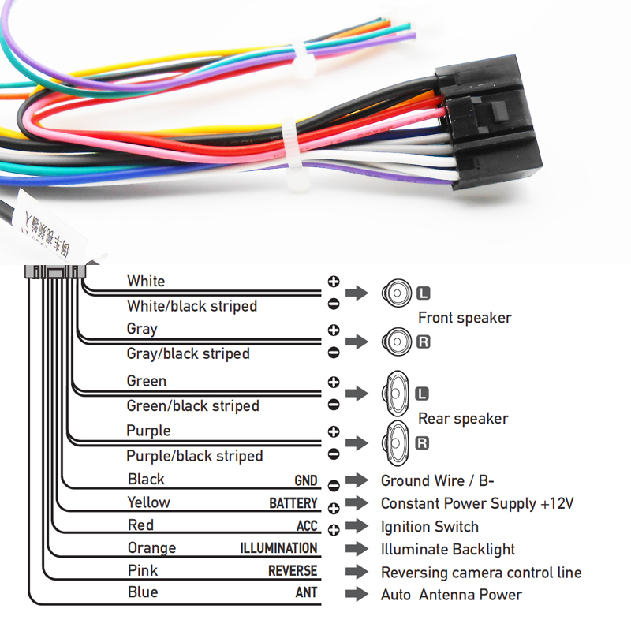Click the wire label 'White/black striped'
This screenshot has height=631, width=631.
click(x=192, y=306)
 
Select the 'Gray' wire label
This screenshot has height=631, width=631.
click(x=142, y=329)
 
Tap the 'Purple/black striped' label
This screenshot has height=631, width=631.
click(x=194, y=456)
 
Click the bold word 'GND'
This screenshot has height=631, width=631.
click(x=305, y=480)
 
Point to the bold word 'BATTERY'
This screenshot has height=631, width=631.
click(x=293, y=503)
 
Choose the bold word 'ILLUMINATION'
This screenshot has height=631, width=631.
click(x=278, y=548)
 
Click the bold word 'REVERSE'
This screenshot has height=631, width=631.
click(x=292, y=571)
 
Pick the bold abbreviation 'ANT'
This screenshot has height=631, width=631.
click(x=306, y=593)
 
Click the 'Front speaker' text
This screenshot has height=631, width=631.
click(x=465, y=318)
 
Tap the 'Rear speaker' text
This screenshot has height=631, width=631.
click(x=463, y=419)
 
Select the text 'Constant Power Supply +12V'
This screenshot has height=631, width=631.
click(x=477, y=503)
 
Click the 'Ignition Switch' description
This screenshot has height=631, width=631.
click(x=429, y=526)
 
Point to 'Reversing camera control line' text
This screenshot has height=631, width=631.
click(x=481, y=573)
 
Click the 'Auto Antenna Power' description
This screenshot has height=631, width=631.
click(x=451, y=595)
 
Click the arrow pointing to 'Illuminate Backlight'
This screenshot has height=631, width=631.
click(x=357, y=549)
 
